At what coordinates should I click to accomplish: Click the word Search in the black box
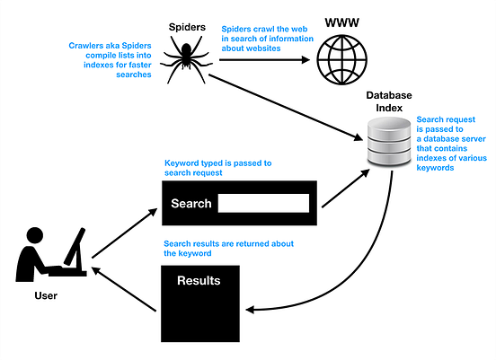pos(191,204)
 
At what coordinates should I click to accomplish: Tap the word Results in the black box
pos(199,281)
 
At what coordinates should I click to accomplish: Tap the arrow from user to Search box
pos(122,228)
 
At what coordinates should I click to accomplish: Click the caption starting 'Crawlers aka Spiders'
pos(110,60)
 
